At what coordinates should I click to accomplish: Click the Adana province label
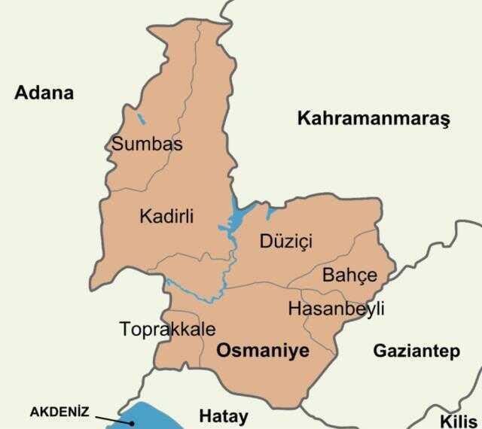point(44,93)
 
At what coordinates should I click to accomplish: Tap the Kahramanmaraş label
point(373,118)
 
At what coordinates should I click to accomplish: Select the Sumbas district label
point(147,143)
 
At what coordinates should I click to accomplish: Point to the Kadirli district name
point(166,216)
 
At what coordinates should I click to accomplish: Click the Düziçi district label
point(285,241)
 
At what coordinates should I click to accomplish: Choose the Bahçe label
point(349,275)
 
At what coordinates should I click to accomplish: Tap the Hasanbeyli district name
point(336,309)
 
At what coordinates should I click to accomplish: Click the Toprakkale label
point(167,329)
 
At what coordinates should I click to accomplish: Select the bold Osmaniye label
point(263,350)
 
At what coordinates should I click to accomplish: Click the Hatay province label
point(223,415)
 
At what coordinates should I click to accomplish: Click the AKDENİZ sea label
point(59,412)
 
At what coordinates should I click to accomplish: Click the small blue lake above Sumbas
point(141,118)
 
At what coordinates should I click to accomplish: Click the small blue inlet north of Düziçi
point(269,211)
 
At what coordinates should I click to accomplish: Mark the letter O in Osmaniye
point(224,350)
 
